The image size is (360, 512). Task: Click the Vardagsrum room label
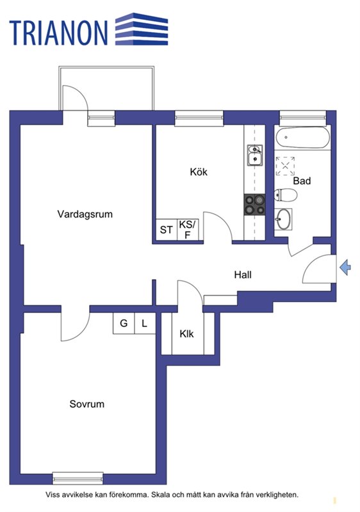click(85, 214)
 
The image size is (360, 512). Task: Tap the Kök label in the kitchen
click(199, 172)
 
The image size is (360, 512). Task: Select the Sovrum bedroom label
click(87, 404)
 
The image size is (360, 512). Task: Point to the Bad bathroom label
click(302, 180)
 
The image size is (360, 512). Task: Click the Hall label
click(243, 275)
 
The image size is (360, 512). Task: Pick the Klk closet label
click(186, 333)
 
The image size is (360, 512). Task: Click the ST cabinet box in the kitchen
click(167, 230)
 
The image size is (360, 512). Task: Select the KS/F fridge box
click(188, 230)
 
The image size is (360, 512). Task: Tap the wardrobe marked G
click(124, 323)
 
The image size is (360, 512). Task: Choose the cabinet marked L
click(145, 323)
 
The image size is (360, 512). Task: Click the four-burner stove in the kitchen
click(254, 205)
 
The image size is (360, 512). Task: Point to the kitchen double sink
click(255, 155)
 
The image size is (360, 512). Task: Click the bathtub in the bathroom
click(302, 138)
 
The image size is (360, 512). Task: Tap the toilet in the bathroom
click(285, 195)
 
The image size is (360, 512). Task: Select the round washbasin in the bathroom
click(283, 219)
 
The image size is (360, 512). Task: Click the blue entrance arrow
click(345, 268)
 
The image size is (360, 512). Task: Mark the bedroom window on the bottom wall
click(78, 478)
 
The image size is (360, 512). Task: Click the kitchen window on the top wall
click(199, 118)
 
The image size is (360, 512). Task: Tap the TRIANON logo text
click(58, 33)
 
